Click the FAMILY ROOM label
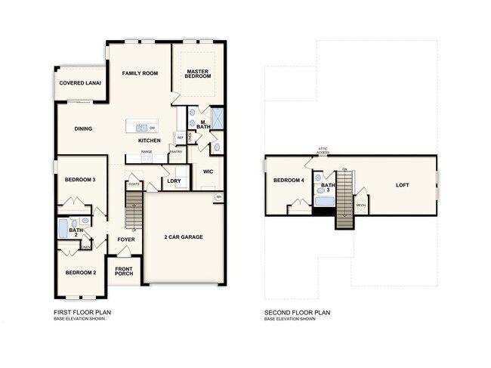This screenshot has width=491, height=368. pos(140,73)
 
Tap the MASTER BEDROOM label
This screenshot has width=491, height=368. pos(198,74)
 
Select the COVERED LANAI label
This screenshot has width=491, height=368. pos(80,83)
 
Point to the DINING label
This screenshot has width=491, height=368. pos(83,128)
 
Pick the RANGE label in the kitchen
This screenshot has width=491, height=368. pos(147,152)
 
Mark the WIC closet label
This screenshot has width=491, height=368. pos(208,172)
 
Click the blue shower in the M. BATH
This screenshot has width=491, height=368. pos(216,119)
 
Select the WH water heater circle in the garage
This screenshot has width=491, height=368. pos(219,197)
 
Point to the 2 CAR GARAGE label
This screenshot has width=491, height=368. pos(184,237)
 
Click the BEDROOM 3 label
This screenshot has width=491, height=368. pos(80,180)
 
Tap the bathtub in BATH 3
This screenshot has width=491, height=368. pos(323,201)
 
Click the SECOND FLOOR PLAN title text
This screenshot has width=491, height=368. pos(297,312)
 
